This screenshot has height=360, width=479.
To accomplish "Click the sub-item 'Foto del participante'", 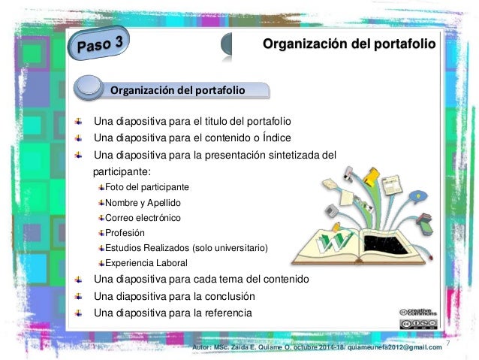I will click(x=147, y=186).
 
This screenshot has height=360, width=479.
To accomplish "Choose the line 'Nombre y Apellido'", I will click(x=142, y=203).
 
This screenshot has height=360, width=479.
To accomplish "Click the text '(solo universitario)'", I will click(x=230, y=248).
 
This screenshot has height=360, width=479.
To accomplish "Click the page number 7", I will click(x=448, y=343).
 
